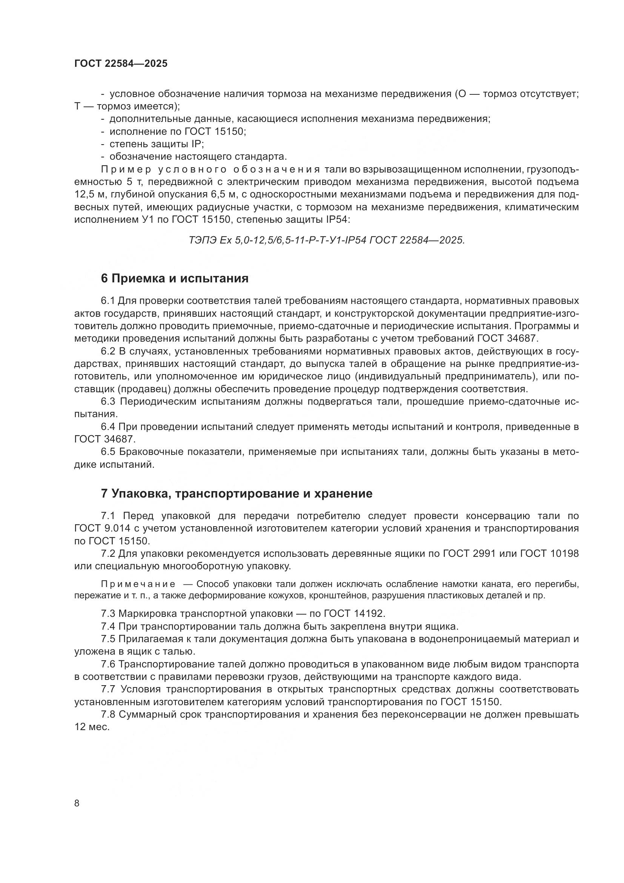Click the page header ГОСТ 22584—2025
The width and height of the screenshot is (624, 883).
pyautogui.click(x=121, y=64)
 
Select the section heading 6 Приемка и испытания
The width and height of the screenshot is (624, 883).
pyautogui.click(x=174, y=279)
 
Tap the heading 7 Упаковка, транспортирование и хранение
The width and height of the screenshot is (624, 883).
pyautogui.click(x=236, y=494)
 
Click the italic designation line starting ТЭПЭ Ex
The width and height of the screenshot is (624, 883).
pyautogui.click(x=327, y=240)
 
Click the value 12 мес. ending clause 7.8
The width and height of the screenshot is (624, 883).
pyautogui.click(x=92, y=727)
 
